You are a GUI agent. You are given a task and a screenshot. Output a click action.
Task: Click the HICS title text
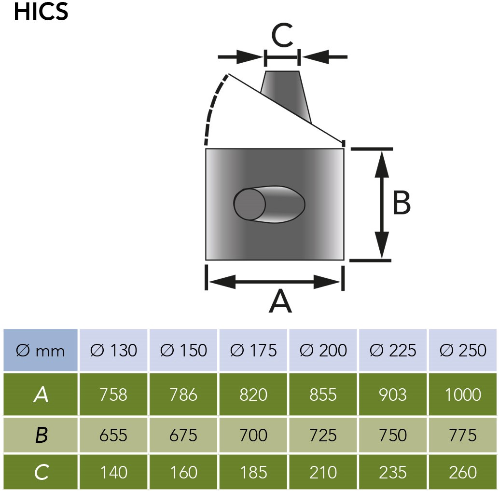[41, 12]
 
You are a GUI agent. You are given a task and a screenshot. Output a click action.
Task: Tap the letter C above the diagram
[282, 35]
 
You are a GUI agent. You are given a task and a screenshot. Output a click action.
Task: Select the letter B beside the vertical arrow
[402, 203]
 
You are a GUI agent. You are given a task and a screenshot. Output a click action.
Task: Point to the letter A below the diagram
[280, 301]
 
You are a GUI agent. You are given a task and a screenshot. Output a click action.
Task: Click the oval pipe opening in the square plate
[269, 205]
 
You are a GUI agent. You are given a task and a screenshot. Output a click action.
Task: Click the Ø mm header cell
[41, 350]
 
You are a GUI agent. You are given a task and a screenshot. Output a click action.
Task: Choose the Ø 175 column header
[253, 350]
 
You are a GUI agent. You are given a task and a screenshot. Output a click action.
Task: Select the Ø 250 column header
[463, 350]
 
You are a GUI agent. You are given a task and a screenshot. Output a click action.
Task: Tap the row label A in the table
[41, 395]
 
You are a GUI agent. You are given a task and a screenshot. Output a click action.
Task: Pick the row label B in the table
[41, 435]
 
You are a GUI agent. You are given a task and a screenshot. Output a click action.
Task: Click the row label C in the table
[41, 472]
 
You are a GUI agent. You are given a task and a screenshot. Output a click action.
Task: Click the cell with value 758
[113, 395]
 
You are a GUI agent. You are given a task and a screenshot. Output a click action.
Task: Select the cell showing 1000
[463, 395]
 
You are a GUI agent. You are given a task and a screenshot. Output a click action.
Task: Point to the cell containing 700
[253, 435]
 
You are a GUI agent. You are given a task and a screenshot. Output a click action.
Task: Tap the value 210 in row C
[323, 472]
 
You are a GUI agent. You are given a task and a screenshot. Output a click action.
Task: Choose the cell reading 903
[393, 395]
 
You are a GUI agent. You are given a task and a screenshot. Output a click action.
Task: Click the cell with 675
[183, 435]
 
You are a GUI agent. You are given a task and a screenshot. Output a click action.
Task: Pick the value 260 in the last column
[463, 472]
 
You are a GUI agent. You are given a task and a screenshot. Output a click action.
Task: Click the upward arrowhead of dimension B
[382, 164]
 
